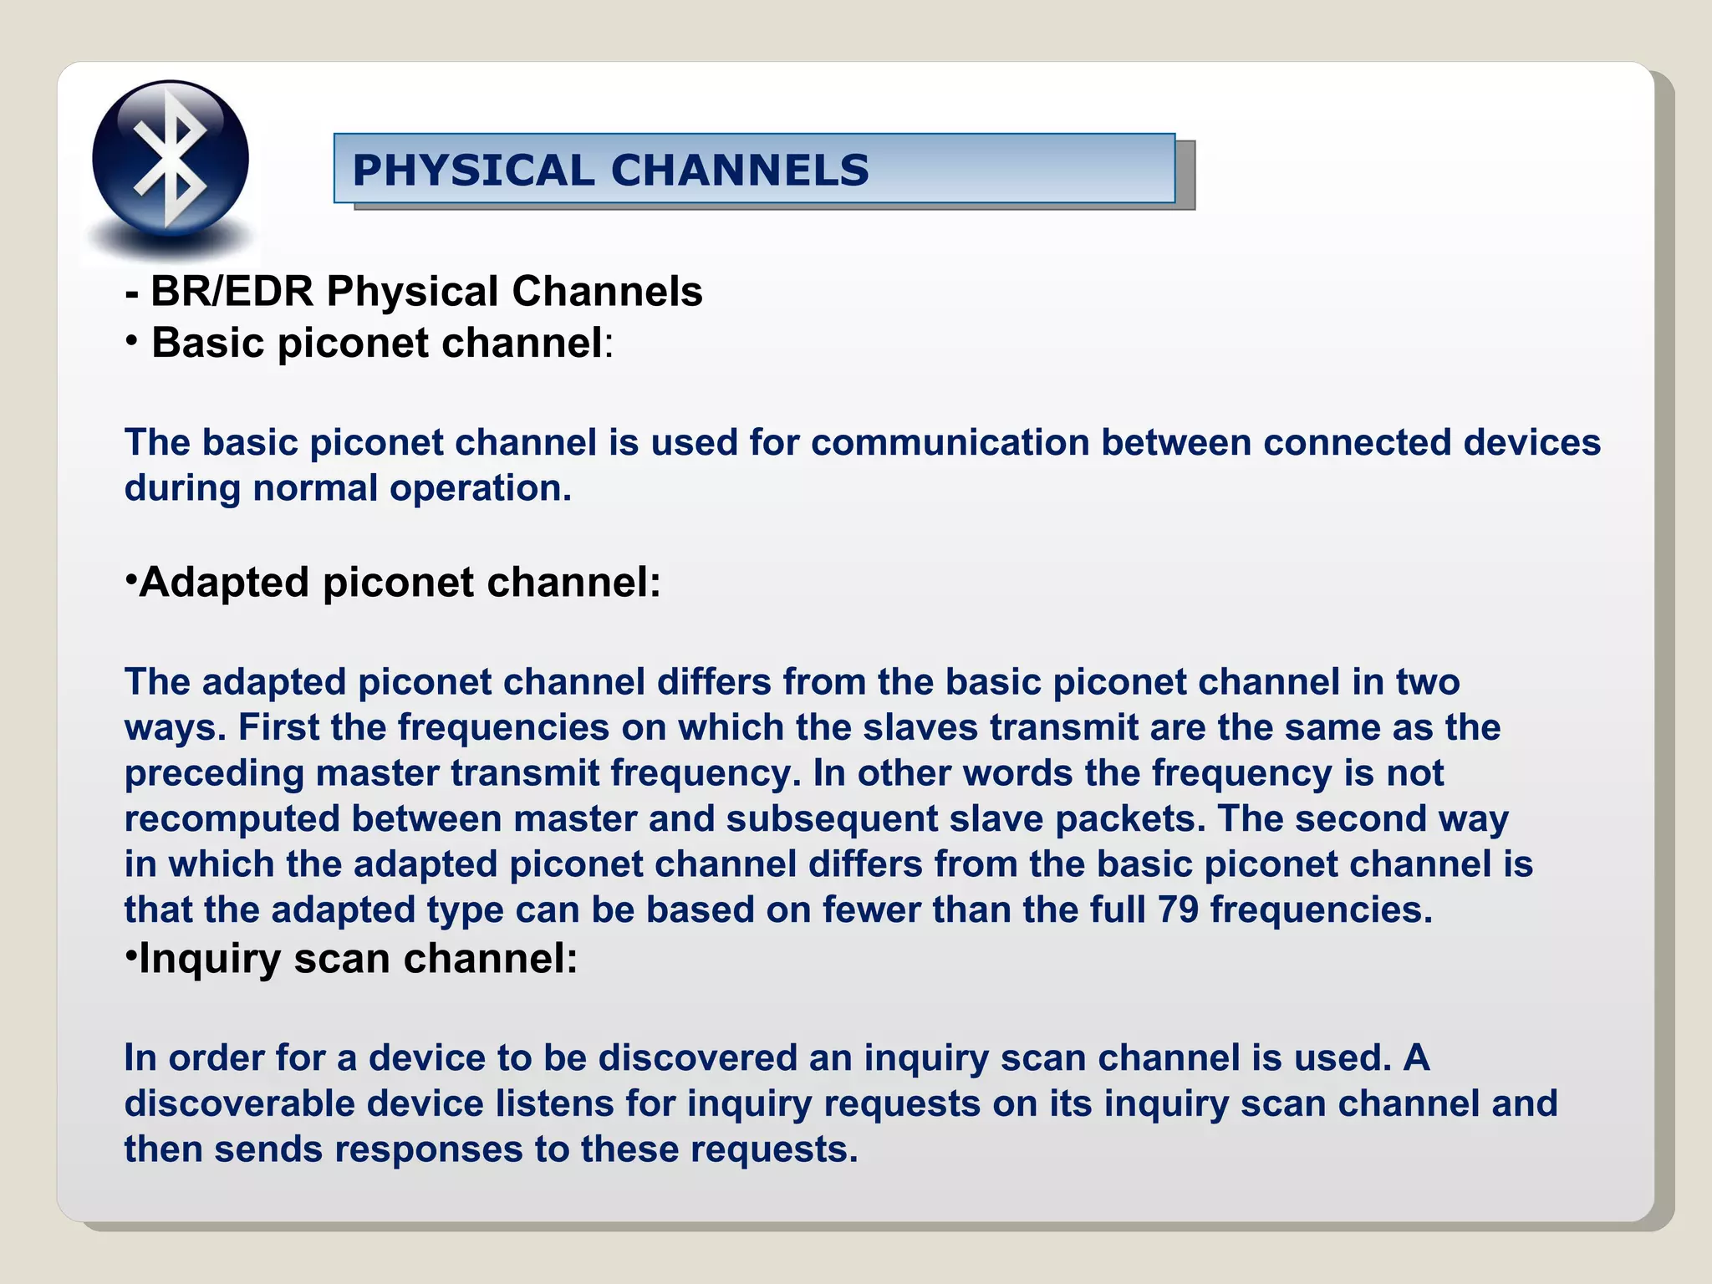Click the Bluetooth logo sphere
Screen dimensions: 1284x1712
coord(171,158)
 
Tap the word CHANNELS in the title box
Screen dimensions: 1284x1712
coord(740,171)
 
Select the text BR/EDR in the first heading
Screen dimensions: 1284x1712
coord(232,292)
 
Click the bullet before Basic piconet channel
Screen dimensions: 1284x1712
coord(131,341)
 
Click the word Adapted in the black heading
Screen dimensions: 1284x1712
coord(223,582)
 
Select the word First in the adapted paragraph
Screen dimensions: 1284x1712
coord(278,727)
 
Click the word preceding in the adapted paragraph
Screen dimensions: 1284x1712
coord(214,773)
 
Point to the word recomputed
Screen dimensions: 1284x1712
coord(232,819)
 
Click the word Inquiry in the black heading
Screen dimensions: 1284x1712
coord(209,958)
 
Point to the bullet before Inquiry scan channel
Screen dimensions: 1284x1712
coord(130,955)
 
